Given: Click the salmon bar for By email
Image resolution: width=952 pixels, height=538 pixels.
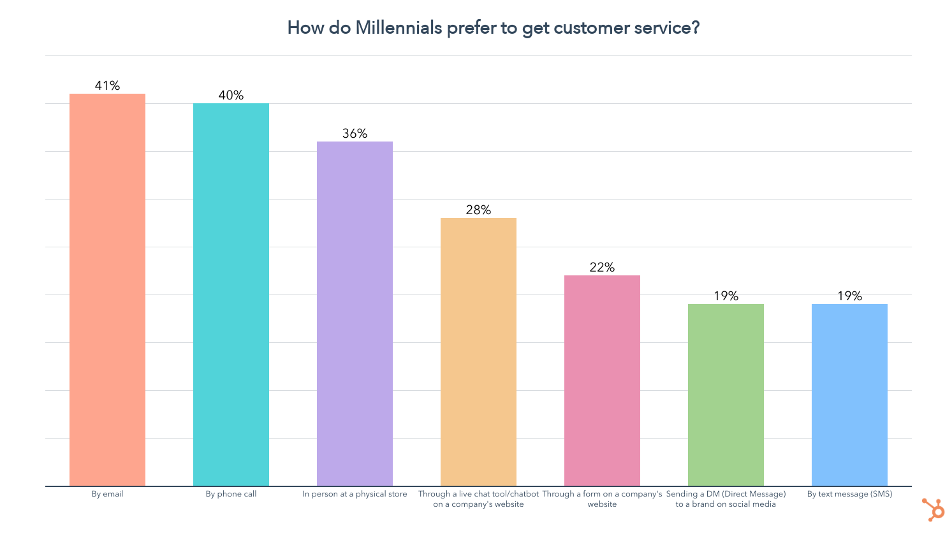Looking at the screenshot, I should [x=107, y=290].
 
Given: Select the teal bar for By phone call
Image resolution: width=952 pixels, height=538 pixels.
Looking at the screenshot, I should [x=231, y=294].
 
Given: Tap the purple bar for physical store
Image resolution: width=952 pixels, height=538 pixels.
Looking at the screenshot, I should [x=355, y=314].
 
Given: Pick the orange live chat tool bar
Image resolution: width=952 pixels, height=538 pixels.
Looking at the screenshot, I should [x=478, y=352].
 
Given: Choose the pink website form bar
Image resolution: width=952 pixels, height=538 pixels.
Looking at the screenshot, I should [x=602, y=381].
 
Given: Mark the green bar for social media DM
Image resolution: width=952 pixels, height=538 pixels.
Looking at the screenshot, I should [x=726, y=395].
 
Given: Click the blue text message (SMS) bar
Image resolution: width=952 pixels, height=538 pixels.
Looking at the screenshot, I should [x=849, y=395].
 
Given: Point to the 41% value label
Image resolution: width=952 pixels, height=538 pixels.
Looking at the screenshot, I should [x=107, y=85].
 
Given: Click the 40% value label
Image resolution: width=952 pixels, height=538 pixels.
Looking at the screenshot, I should [x=231, y=95].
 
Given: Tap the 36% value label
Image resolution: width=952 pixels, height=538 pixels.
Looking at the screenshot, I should [x=355, y=133].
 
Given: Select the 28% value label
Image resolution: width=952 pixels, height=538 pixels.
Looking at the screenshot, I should [x=478, y=210].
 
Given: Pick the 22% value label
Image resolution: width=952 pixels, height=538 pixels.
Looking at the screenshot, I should [x=602, y=267].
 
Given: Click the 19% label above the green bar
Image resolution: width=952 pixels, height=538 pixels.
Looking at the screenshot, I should [x=726, y=296].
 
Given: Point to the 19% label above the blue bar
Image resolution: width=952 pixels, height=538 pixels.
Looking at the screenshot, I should [x=849, y=296].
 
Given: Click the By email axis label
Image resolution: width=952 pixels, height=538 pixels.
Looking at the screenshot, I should [x=107, y=494].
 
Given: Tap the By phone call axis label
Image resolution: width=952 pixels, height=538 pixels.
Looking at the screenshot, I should [x=231, y=494].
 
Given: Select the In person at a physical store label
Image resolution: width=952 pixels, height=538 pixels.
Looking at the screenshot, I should [x=355, y=494].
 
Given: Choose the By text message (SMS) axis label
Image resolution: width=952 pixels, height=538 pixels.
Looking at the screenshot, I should [x=849, y=494].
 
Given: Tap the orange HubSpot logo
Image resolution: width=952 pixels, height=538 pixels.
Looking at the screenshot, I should [x=934, y=509].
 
